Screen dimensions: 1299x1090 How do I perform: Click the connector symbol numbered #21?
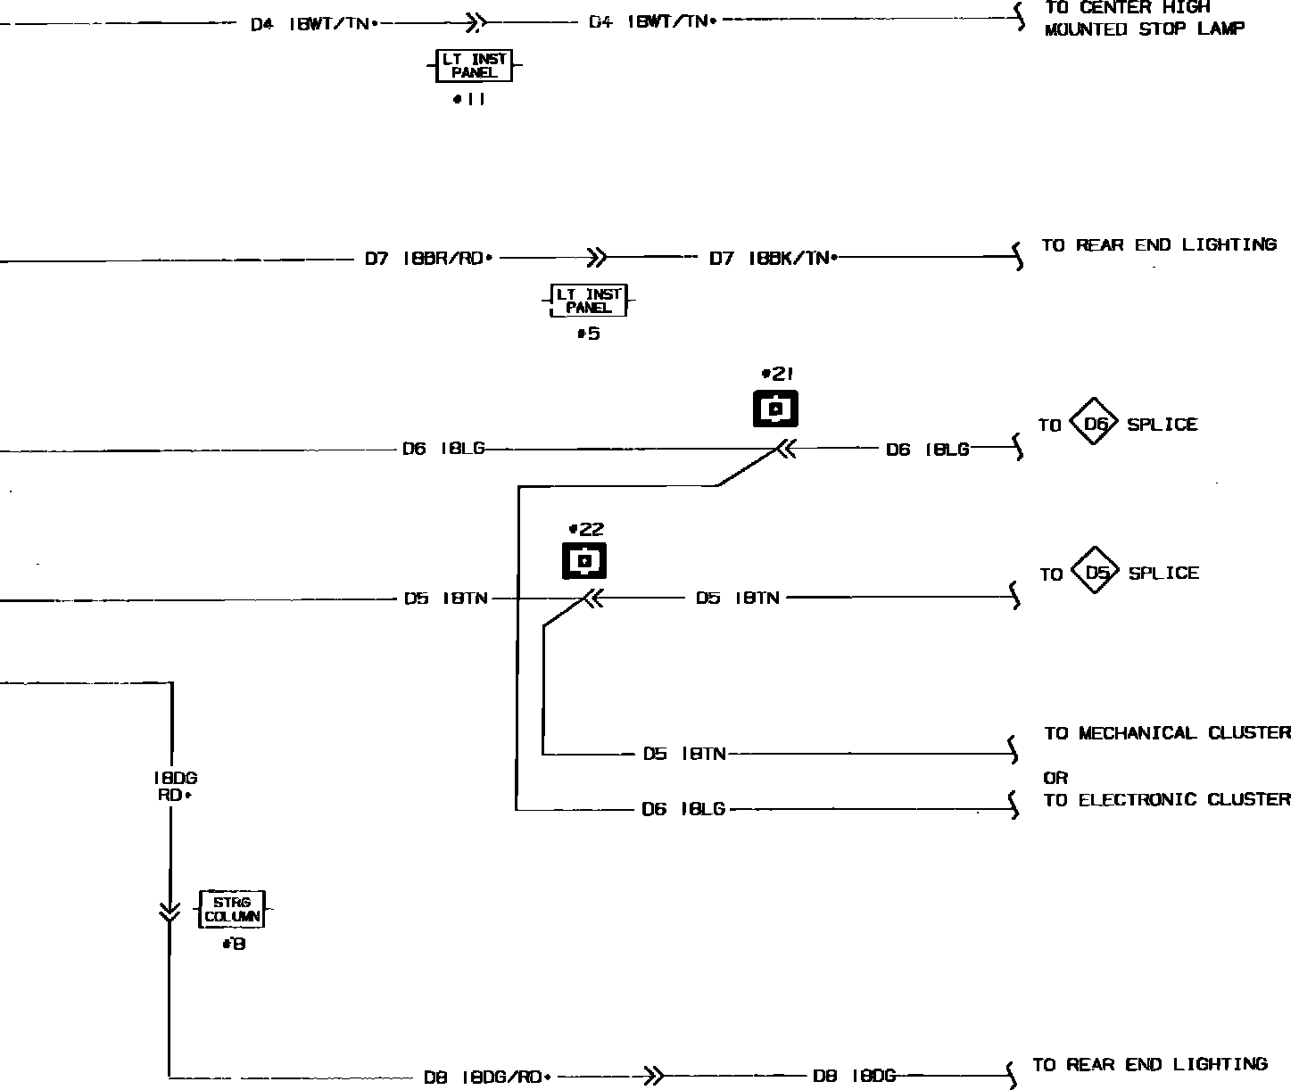coord(775,409)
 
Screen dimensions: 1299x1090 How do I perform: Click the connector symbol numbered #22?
coord(584,561)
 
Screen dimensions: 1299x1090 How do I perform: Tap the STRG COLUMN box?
coord(232,909)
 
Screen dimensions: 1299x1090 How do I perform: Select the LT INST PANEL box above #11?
coord(474,65)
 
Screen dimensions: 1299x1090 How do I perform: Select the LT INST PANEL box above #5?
coord(589,300)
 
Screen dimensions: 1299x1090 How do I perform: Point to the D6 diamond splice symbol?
coord(1094,425)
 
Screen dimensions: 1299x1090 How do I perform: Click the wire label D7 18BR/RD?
coord(428,259)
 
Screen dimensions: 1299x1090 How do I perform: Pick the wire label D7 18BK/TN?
coord(773,259)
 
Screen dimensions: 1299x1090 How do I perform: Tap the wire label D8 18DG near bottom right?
coord(854,1077)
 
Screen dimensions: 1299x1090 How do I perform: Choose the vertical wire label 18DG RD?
coord(175,786)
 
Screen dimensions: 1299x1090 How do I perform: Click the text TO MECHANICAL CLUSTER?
coord(1167,733)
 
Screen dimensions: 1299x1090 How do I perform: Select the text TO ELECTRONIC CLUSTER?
coord(1167,800)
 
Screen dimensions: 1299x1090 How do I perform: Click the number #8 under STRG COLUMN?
coord(234,944)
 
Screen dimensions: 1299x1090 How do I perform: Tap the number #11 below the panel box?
coord(469,100)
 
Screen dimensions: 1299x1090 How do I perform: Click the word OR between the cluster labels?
coord(1055,778)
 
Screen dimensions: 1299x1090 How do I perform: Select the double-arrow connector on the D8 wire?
coord(654,1077)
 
